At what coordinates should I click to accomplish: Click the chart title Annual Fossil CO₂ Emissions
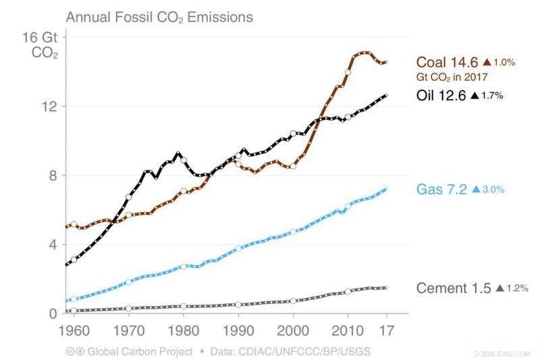point(159,16)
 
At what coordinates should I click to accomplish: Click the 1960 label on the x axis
point(73,332)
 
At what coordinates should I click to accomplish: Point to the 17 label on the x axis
point(386,332)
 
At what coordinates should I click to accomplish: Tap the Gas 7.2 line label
point(441,190)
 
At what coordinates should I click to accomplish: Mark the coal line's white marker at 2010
point(348,72)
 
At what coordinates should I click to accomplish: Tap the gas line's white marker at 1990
point(238,248)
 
